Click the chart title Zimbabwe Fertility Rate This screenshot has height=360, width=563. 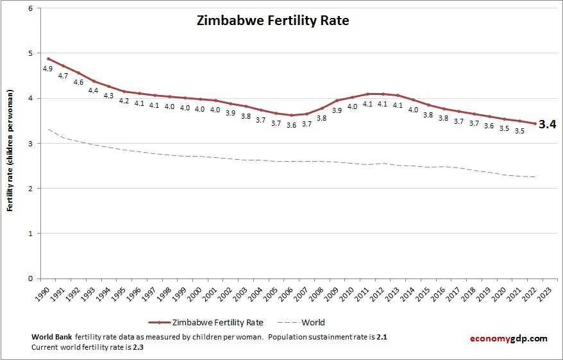[x=273, y=21]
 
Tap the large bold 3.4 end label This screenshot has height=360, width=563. [x=546, y=124]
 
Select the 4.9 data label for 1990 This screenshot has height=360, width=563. [x=47, y=69]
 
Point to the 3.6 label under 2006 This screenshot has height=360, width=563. [x=291, y=125]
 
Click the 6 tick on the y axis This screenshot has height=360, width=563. [x=31, y=8]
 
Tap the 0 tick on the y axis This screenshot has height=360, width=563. [x=31, y=279]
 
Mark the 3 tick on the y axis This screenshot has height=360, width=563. [x=31, y=144]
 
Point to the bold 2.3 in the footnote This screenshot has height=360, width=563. [x=137, y=347]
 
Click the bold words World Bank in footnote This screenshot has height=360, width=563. [x=51, y=337]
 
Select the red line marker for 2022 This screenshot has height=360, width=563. [x=535, y=123]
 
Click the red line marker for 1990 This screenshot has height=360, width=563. [x=48, y=58]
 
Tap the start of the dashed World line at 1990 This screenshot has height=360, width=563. [x=48, y=130]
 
